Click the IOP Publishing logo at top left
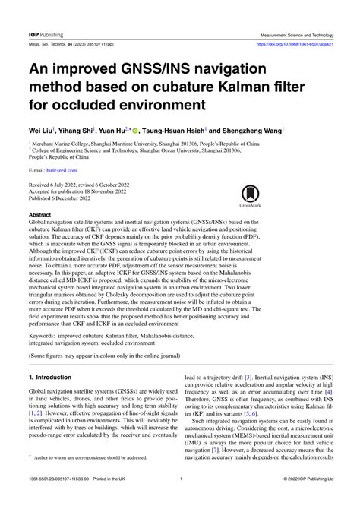click(x=46, y=35)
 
